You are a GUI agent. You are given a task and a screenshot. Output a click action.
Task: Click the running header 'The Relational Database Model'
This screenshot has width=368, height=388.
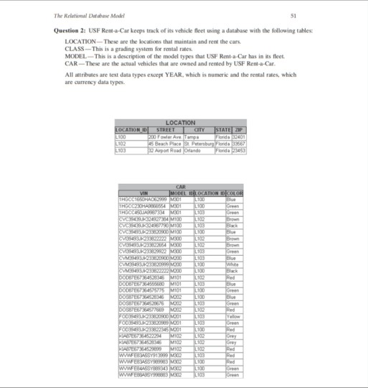click(x=95, y=15)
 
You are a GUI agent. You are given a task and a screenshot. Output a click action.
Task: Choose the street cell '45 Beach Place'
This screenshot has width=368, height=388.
click(x=162, y=142)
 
